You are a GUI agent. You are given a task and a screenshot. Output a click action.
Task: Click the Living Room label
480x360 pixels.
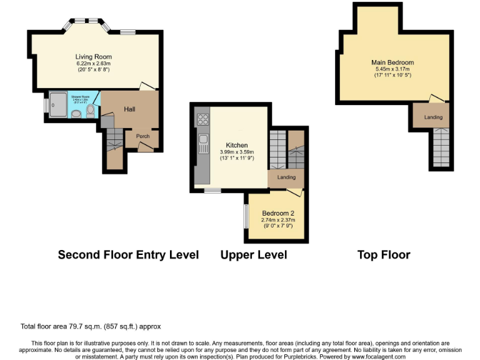click(93, 57)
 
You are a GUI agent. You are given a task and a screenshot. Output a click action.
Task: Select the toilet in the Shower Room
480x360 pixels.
click(91, 111)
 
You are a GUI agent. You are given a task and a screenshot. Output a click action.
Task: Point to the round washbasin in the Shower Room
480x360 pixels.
click(76, 114)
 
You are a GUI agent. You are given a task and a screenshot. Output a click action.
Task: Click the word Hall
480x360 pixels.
click(129, 109)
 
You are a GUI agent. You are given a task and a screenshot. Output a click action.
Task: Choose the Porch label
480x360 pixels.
click(143, 136)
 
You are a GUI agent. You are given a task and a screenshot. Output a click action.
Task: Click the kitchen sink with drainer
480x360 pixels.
click(202, 144)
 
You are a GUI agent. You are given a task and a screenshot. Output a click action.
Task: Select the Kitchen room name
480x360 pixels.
click(233, 145)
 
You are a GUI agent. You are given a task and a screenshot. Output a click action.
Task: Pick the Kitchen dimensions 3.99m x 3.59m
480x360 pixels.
click(233, 152)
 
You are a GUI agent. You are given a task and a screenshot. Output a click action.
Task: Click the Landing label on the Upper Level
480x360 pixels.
click(286, 177)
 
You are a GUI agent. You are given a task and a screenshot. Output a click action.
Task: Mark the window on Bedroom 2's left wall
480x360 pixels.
click(246, 216)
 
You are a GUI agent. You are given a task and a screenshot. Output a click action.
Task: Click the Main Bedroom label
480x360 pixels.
click(392, 62)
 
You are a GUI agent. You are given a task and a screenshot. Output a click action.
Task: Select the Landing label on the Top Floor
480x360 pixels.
click(433, 117)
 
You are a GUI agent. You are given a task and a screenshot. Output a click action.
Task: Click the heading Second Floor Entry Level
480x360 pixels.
click(128, 255)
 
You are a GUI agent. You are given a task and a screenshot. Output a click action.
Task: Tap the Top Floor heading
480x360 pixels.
click(384, 255)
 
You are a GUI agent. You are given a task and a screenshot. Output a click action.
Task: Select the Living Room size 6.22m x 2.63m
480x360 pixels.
click(93, 63)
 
